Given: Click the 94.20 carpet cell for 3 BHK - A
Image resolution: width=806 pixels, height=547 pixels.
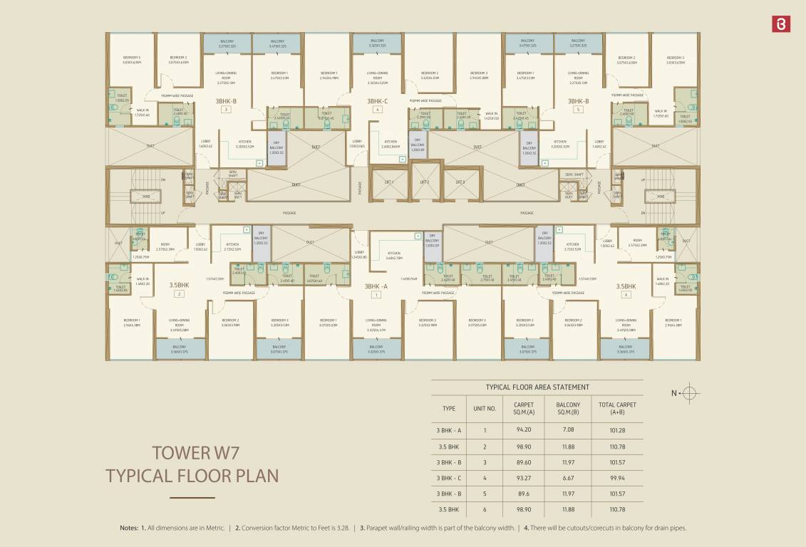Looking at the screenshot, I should [x=524, y=430].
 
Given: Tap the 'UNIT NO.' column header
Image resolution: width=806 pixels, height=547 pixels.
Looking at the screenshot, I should [x=485, y=409].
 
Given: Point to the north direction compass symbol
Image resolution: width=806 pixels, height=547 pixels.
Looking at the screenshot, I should [x=691, y=392].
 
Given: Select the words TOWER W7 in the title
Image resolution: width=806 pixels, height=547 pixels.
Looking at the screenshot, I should [x=193, y=452].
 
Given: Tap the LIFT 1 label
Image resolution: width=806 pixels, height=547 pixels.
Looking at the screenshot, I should [x=388, y=182].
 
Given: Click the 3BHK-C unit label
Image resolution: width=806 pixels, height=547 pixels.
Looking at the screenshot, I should [x=377, y=101].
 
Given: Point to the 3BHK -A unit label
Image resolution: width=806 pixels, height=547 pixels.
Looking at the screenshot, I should [x=376, y=286].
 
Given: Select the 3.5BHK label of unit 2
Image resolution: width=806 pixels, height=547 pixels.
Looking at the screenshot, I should [x=179, y=285].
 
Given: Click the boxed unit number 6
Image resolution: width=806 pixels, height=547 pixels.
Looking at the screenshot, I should [x=626, y=294].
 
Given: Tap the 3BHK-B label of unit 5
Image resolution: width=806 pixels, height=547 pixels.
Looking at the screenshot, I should [x=578, y=101].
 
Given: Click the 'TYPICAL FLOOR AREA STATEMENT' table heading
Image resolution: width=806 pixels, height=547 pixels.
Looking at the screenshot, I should [x=537, y=387].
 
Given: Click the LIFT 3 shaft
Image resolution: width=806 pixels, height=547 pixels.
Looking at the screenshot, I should [x=460, y=182].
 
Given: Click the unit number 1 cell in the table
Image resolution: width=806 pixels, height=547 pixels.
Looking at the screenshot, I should [x=485, y=430].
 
